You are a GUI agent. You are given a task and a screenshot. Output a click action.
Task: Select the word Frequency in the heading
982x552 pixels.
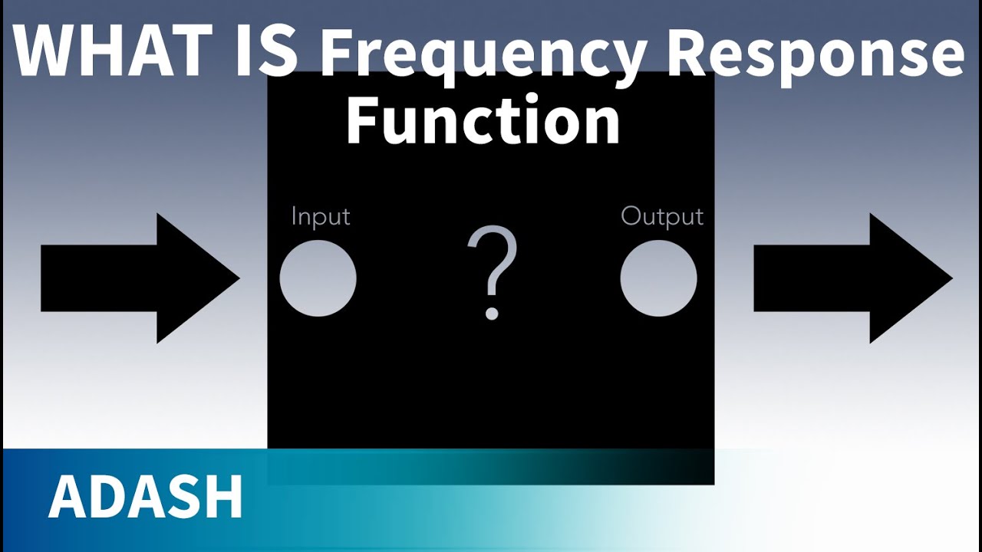tap(482, 55)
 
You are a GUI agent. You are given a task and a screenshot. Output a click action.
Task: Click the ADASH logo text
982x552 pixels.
tap(146, 498)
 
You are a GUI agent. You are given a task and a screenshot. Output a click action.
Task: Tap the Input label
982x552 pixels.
tap(321, 217)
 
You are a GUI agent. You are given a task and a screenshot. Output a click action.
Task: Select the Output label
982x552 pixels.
tap(661, 217)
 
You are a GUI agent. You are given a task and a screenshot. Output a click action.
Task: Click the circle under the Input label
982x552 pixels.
tap(318, 278)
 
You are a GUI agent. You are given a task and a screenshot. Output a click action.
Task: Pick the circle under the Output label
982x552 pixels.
tap(658, 278)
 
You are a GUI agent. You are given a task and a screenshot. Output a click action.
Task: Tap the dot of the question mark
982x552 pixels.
tap(492, 313)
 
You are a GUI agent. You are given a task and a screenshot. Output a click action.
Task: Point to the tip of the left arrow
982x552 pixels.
tap(239, 278)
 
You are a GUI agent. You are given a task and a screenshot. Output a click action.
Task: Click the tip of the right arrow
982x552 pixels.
tap(951, 278)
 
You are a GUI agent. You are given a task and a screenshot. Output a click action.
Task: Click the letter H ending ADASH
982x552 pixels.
tap(224, 498)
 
